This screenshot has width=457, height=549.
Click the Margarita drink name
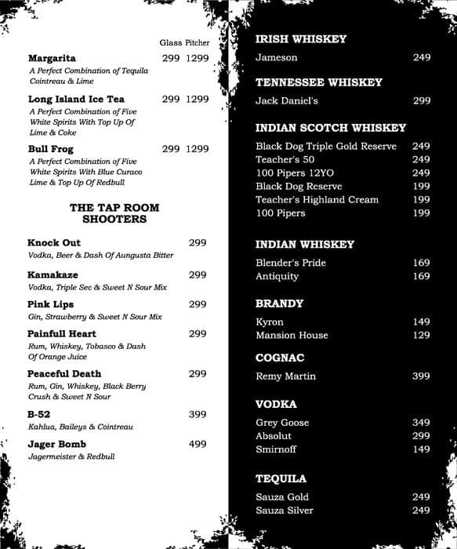click(52, 58)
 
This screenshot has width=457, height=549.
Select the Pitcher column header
click(198, 42)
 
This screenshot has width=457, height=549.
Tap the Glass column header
click(170, 42)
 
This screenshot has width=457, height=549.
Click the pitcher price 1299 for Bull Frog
click(198, 149)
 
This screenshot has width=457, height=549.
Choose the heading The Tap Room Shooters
click(114, 213)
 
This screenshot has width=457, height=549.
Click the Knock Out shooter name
click(54, 243)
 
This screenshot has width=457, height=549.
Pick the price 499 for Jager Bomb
click(198, 445)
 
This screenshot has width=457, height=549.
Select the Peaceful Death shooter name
click(64, 374)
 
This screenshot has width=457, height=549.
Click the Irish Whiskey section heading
click(301, 39)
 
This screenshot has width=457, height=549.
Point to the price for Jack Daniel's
click(421, 101)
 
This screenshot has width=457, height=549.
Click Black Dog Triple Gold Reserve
click(326, 147)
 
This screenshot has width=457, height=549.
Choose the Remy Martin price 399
click(421, 376)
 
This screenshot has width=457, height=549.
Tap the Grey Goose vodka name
click(282, 423)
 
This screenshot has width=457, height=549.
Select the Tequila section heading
click(281, 478)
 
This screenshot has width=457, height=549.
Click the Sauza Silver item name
click(285, 511)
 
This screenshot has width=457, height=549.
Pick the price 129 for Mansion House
click(421, 336)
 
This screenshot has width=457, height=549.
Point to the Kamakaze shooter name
click(52, 275)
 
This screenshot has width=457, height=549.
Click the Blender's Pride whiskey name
click(291, 263)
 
